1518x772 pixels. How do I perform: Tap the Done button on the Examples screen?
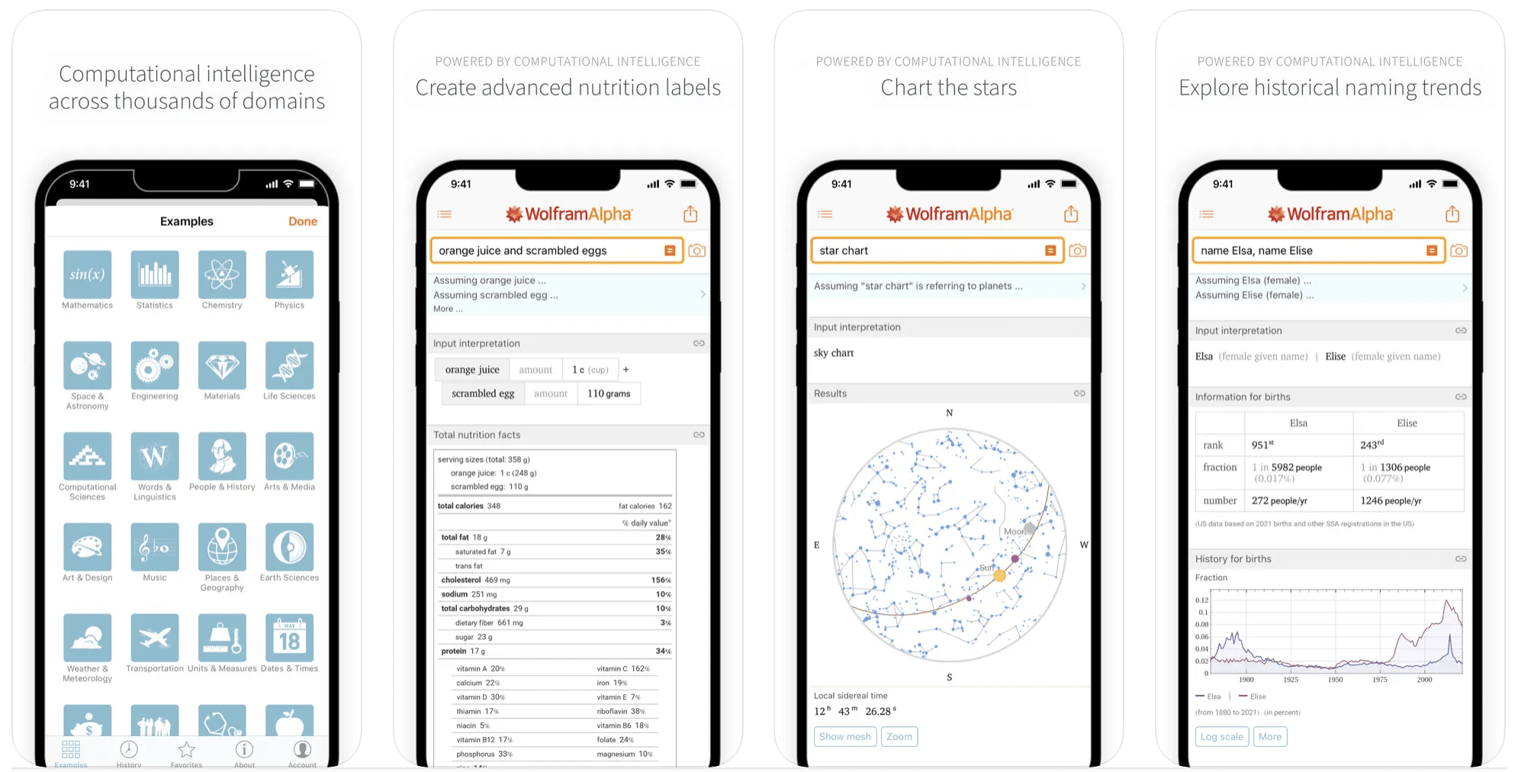tap(302, 221)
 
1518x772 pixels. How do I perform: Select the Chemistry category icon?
tap(222, 275)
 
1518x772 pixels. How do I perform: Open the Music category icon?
tap(155, 547)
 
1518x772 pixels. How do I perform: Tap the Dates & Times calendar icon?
tap(289, 638)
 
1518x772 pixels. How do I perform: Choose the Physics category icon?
tap(289, 275)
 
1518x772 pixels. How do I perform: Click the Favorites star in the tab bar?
tap(186, 751)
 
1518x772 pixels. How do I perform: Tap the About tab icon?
tap(244, 751)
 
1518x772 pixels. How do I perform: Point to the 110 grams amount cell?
tap(609, 394)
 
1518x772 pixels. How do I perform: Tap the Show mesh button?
tap(844, 737)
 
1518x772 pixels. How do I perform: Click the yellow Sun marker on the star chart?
tap(999, 576)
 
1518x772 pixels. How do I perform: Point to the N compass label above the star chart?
tap(950, 413)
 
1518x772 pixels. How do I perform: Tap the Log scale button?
tap(1221, 737)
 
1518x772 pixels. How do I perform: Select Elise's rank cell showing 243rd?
tap(1372, 445)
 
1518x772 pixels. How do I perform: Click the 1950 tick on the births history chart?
tap(1335, 680)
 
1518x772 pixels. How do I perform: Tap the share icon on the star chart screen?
tap(1071, 214)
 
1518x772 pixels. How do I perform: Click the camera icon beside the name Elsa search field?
tap(1459, 251)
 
